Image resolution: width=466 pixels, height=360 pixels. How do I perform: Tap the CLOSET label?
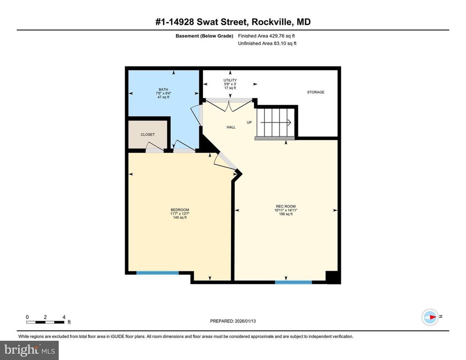click(148, 135)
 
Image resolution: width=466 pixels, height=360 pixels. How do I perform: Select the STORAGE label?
click(316, 92)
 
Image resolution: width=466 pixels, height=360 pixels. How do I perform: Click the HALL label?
click(231, 127)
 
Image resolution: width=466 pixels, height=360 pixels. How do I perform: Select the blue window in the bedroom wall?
click(158, 272)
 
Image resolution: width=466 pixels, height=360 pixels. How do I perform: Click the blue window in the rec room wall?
click(293, 282)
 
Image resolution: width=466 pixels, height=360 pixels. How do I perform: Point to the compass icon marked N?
click(430, 317)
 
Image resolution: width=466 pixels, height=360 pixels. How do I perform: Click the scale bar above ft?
click(45, 322)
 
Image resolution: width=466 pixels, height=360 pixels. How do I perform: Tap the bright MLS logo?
click(30, 350)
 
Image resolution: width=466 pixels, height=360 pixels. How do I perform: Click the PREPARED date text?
click(233, 321)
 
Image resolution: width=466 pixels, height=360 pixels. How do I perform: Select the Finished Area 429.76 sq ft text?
click(267, 36)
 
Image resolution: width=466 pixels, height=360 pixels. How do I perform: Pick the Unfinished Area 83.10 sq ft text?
click(268, 43)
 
